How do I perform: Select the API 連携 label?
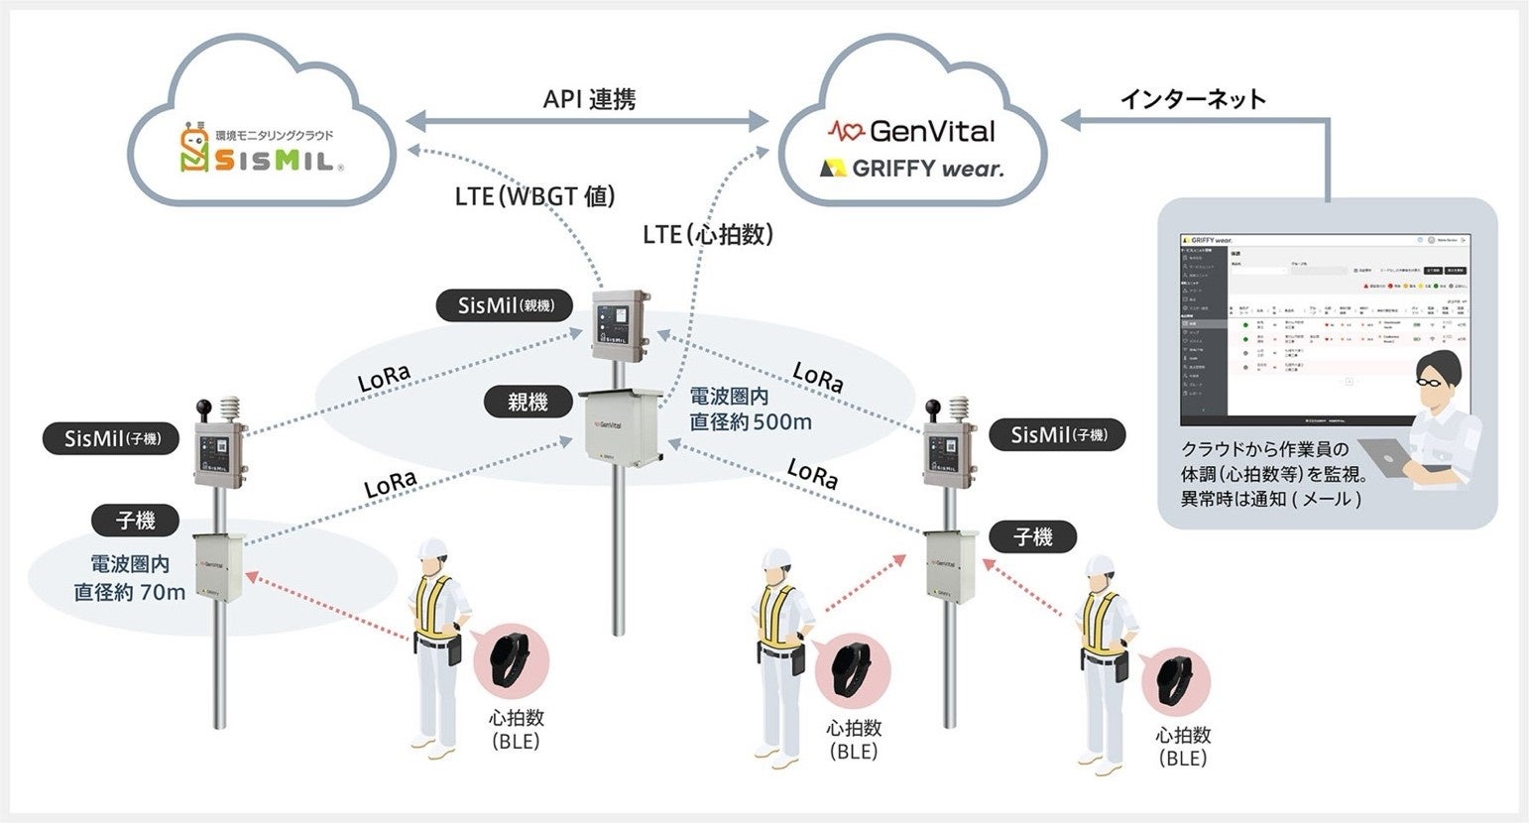(x=589, y=99)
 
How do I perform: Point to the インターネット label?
(x=1193, y=98)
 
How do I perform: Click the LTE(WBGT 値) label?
(x=534, y=195)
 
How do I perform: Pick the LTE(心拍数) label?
(x=707, y=234)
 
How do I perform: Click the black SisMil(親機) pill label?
(x=505, y=304)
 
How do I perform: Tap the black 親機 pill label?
(x=528, y=402)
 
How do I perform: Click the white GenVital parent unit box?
(x=624, y=427)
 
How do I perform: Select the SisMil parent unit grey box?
(x=620, y=325)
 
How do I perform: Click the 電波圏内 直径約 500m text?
(x=751, y=409)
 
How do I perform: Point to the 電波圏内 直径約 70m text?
(x=130, y=578)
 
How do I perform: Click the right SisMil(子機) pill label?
(x=1058, y=434)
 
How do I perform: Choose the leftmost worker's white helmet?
(x=432, y=551)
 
